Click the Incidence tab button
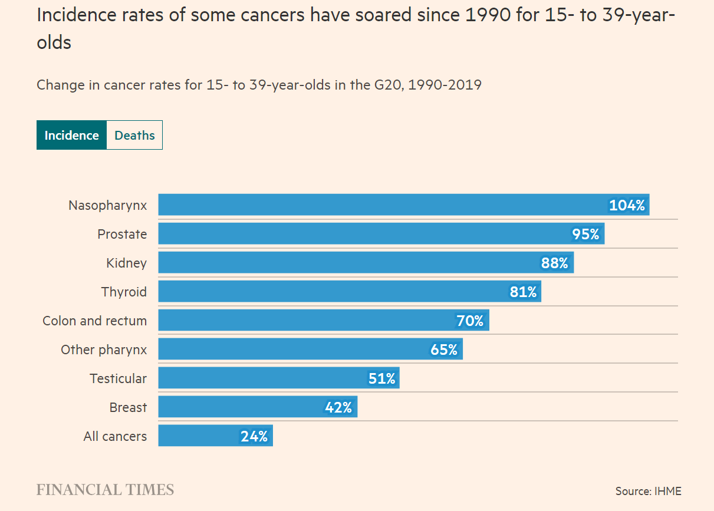[71, 135]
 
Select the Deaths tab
[134, 135]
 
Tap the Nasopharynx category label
[107, 205]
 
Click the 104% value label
[627, 205]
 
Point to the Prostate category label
[122, 234]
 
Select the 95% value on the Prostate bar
[585, 234]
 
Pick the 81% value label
[524, 292]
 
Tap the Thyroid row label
[124, 292]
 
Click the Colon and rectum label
[94, 321]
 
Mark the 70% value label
[470, 321]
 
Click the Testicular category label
[118, 378]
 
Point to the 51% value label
[382, 378]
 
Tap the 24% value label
[254, 436]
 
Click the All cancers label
[115, 436]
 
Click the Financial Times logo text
[105, 490]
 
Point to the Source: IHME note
[648, 490]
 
